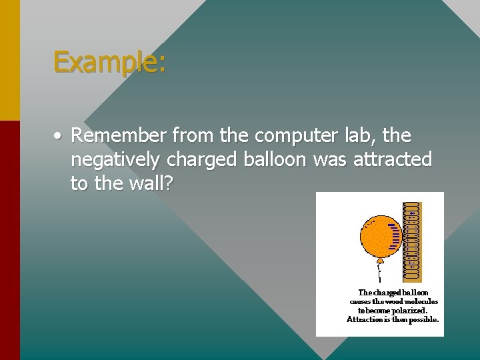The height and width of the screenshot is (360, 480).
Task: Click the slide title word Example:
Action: [x=109, y=62]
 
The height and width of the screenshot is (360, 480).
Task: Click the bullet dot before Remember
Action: [x=59, y=136]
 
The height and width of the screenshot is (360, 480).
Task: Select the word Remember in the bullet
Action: [x=119, y=136]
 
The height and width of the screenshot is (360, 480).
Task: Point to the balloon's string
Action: [x=380, y=273]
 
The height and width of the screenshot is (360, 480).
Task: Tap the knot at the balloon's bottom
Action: [x=380, y=260]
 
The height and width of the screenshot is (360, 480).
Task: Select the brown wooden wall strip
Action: [x=413, y=241]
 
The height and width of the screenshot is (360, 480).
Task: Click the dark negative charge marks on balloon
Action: [x=395, y=235]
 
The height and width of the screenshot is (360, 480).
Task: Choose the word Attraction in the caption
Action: [x=365, y=319]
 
